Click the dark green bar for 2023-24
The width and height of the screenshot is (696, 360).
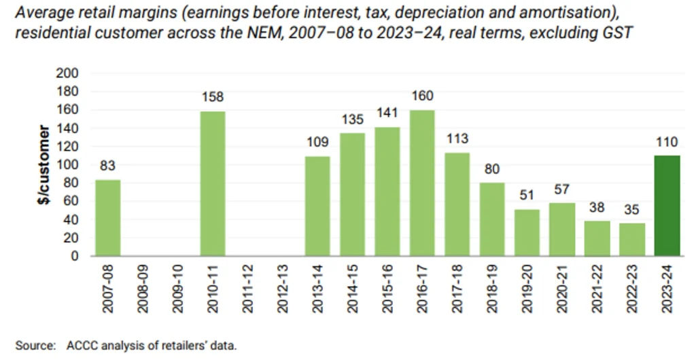click(x=668, y=206)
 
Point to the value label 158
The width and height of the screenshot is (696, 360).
click(x=213, y=97)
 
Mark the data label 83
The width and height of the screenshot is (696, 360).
click(x=108, y=166)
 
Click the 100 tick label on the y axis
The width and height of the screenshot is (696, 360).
click(x=70, y=164)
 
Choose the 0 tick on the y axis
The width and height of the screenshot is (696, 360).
click(x=75, y=256)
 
